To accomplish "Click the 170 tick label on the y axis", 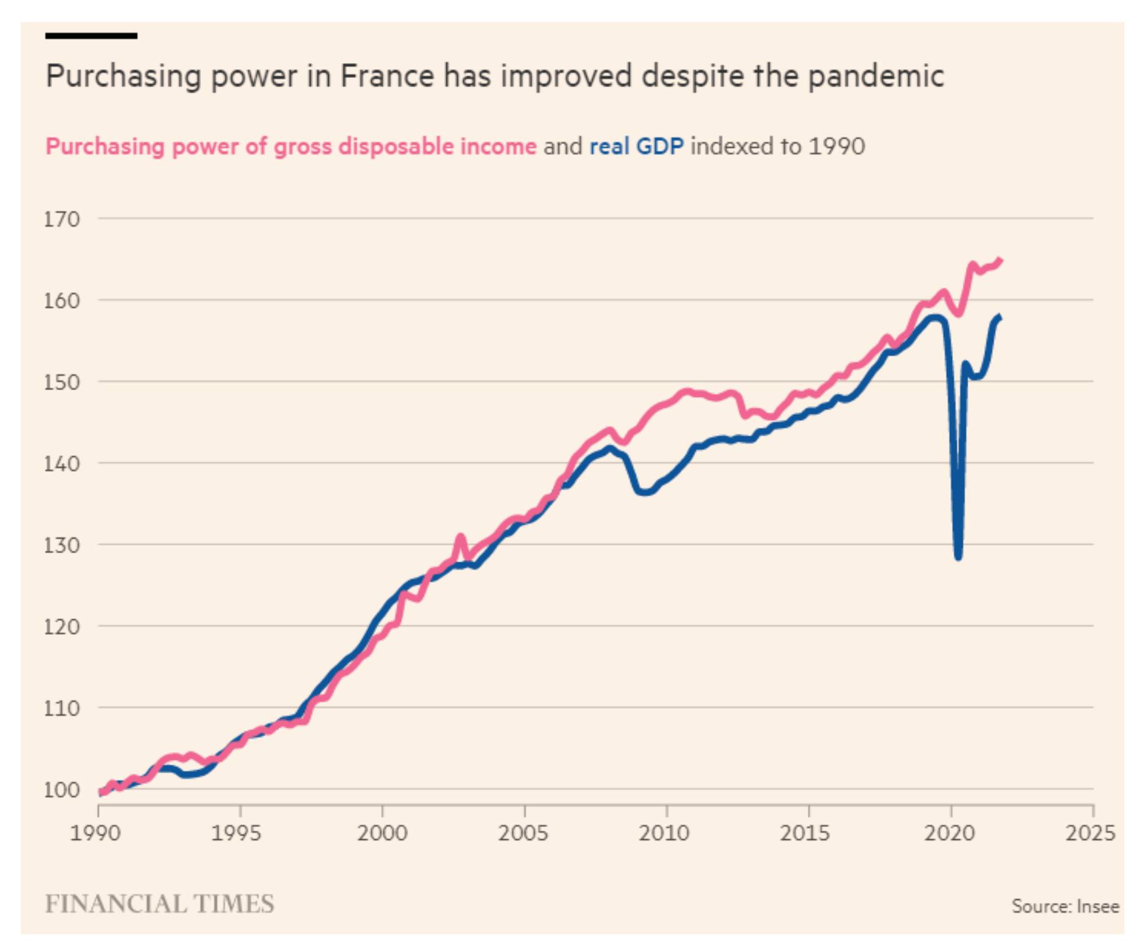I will (x=62, y=219).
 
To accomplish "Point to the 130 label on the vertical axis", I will (x=62, y=545).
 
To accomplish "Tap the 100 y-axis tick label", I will (x=62, y=790).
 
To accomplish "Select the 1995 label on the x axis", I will (x=236, y=833).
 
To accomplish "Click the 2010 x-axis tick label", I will (x=664, y=833).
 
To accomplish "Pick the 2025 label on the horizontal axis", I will (x=1090, y=833).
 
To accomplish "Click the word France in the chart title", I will (x=387, y=77).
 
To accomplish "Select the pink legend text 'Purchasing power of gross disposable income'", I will (x=291, y=147).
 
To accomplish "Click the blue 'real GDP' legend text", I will (x=636, y=147).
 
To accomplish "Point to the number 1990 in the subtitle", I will (x=837, y=147).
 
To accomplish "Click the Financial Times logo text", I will (x=160, y=904).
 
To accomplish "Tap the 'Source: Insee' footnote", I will (x=1065, y=906).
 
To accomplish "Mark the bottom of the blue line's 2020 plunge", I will (x=958, y=556).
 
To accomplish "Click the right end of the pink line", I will (x=1001, y=260).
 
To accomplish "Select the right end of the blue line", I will (x=1000, y=317).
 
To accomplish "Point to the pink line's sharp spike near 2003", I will (x=460, y=537).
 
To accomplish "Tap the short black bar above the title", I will (x=91, y=36).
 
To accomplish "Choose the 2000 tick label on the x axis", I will (x=382, y=833).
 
